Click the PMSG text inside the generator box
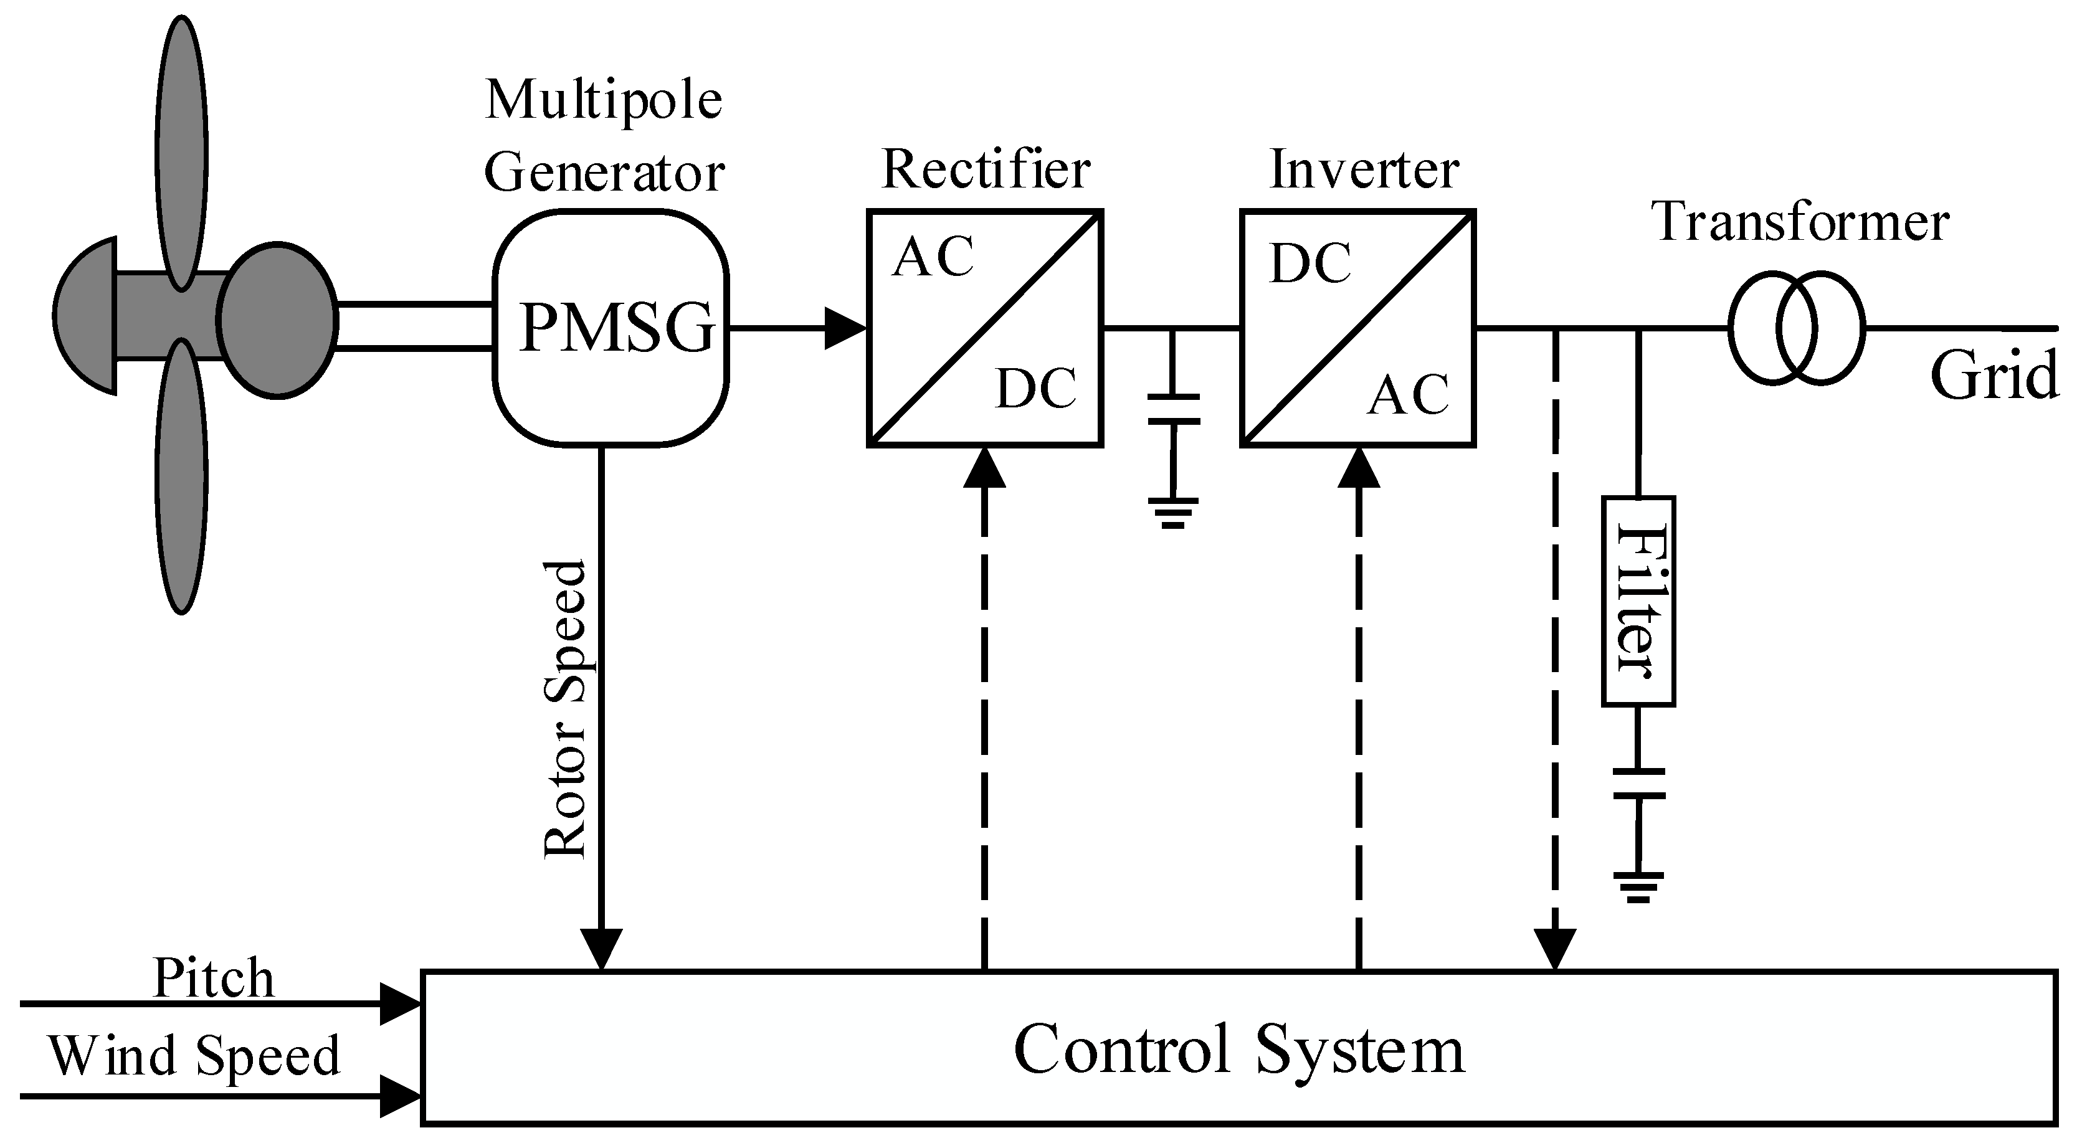pos(617,329)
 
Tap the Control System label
pos(1238,1050)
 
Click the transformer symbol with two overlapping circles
pos(1797,329)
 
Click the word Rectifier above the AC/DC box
pos(986,170)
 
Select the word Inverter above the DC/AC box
pos(1364,170)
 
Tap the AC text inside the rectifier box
pos(932,258)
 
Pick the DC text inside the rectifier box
pos(1036,389)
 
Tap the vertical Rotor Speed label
pos(564,709)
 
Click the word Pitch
pos(214,979)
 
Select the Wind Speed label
pos(194,1056)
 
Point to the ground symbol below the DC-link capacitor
pos(1173,513)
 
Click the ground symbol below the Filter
pos(1638,887)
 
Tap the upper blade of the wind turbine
pos(181,153)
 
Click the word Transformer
pos(1800,222)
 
